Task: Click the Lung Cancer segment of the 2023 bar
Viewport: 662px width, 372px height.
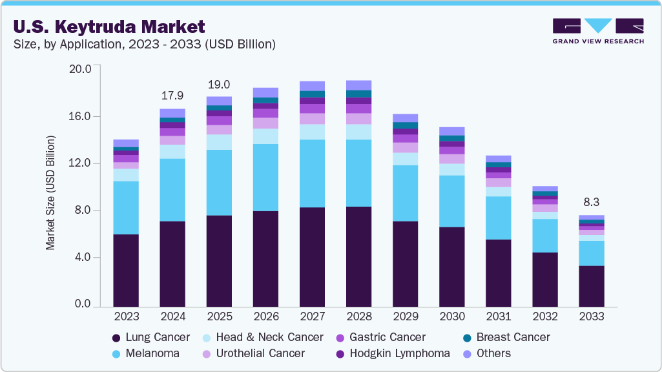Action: [x=126, y=270]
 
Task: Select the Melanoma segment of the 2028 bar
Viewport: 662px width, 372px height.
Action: [x=359, y=173]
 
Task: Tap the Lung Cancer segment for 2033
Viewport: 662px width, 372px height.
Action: [x=592, y=286]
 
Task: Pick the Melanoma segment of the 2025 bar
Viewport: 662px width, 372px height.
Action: [x=219, y=183]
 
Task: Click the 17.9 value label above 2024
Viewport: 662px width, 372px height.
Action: [x=172, y=96]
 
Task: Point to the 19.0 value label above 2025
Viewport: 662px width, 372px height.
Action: [x=219, y=85]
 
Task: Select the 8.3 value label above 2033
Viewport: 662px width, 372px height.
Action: [x=592, y=202]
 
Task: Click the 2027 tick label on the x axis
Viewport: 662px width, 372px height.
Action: [x=313, y=316]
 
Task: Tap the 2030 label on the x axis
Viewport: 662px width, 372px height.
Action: [x=452, y=316]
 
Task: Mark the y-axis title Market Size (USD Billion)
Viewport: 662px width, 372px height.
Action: [x=50, y=193]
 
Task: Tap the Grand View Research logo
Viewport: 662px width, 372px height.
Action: [x=598, y=30]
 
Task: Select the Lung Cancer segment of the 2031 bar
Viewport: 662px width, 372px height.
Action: [x=499, y=273]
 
